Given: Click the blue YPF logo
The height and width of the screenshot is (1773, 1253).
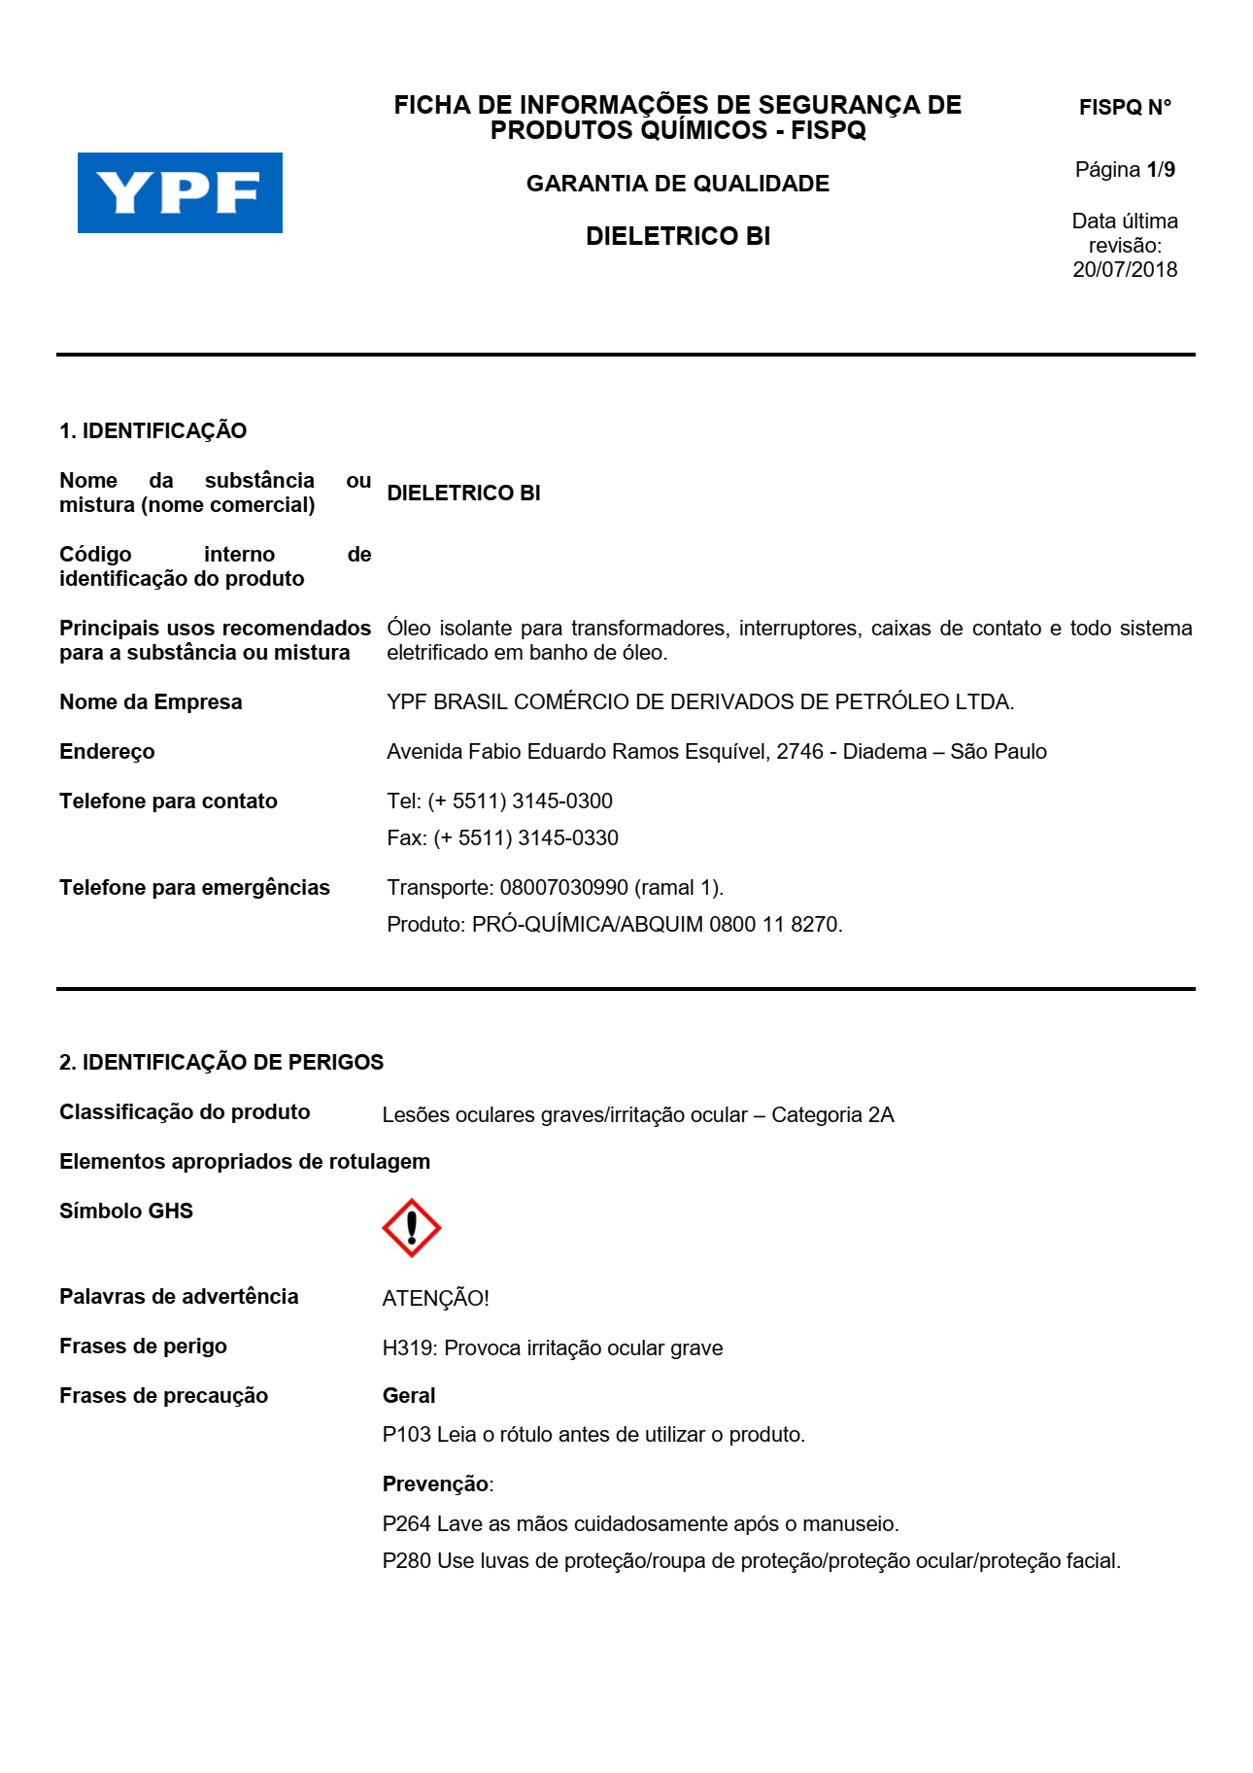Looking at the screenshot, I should (x=180, y=192).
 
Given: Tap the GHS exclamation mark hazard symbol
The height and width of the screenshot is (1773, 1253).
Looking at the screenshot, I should (x=411, y=1228).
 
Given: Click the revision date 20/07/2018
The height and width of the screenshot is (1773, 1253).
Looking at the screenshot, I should (x=1124, y=270).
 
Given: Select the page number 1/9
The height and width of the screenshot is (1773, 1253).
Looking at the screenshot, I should (x=1160, y=170).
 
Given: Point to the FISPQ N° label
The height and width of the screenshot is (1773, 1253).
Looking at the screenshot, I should (x=1125, y=108).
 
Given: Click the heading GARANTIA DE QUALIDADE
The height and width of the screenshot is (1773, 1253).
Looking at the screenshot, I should (x=677, y=184).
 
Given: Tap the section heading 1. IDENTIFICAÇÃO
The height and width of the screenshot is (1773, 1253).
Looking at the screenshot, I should (x=152, y=430).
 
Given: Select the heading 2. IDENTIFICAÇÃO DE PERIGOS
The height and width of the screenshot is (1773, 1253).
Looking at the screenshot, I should (x=221, y=1062).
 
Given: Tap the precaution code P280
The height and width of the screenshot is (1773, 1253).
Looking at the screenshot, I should (x=406, y=1560).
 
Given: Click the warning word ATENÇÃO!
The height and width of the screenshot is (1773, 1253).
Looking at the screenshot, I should (x=435, y=1298).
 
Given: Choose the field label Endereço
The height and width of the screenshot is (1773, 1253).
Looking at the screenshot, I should (x=107, y=751).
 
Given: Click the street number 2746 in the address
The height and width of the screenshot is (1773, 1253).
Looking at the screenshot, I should (x=799, y=751).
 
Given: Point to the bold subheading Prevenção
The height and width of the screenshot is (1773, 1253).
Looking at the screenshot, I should (x=435, y=1483).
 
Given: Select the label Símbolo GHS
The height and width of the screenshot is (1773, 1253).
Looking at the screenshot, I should (x=126, y=1210).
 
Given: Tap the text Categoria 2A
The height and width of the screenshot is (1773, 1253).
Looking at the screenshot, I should (x=832, y=1114).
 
